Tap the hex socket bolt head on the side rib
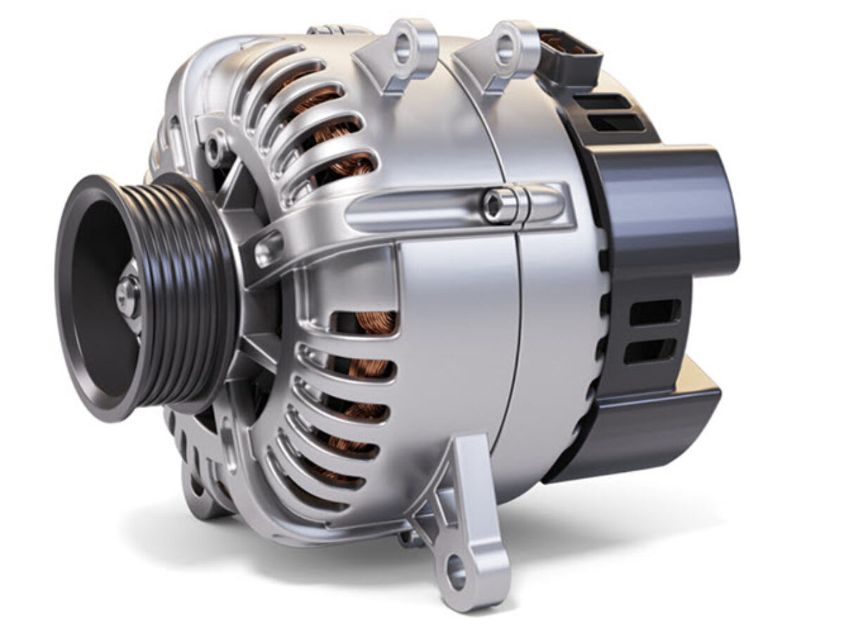click(x=494, y=205)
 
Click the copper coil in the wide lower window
click(x=373, y=324)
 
